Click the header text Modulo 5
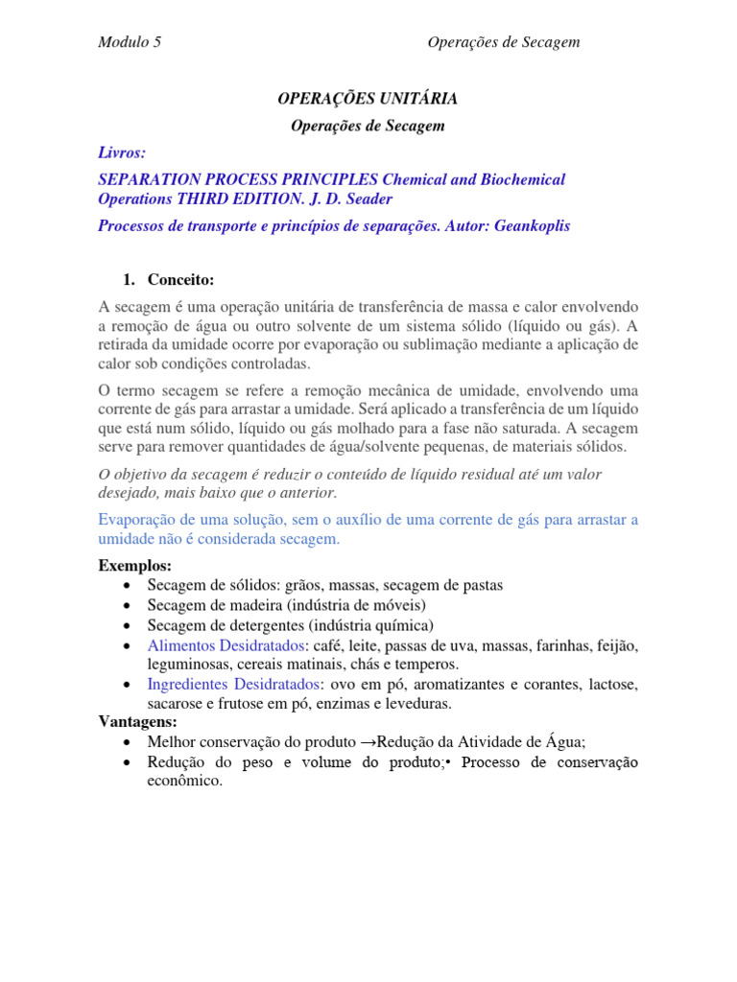pos(130,42)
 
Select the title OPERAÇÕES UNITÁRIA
pos(368,98)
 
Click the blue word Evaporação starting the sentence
pos(141,520)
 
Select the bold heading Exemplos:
pos(135,566)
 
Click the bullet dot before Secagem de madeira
pos(128,606)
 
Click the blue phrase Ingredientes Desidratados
pos(233,685)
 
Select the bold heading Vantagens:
pos(138,722)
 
